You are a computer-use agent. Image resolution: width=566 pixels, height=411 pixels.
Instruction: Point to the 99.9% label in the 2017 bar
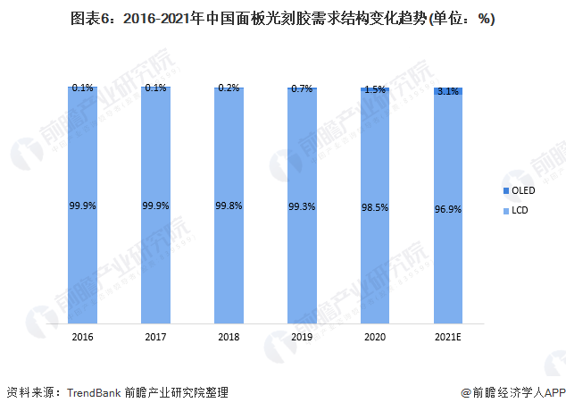155,205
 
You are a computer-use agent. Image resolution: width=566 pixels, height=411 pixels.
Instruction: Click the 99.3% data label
302,205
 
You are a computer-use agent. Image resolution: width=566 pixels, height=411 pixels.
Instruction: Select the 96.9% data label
448,205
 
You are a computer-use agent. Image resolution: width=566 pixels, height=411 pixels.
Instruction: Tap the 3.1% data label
448,92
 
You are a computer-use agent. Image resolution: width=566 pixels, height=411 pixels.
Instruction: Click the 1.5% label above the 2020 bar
375,89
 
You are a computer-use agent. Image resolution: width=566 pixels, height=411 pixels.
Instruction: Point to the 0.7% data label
302,88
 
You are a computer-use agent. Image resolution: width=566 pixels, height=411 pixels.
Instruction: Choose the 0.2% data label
229,88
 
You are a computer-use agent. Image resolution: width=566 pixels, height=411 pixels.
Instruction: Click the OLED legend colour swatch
504,190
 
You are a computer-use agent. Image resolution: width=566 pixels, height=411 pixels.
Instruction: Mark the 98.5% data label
375,205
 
